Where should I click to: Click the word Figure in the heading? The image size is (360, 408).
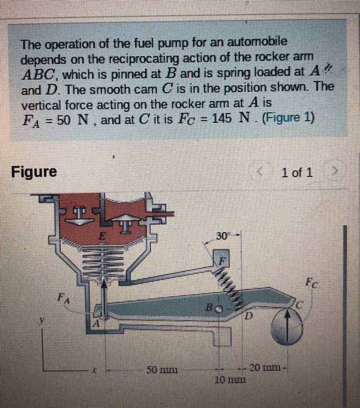[x=34, y=172]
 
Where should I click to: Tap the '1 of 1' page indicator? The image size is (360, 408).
[x=296, y=173]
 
